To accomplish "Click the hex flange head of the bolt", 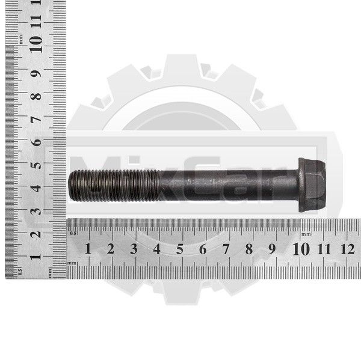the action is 312,185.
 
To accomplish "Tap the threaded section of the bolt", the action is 114,185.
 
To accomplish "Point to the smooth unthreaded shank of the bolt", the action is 229,185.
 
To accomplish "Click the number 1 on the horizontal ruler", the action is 88,249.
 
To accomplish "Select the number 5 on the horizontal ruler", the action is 180,249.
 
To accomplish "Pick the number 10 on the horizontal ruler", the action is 301,249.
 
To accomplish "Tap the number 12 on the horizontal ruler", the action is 347,249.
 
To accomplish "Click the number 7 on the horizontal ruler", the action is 226,249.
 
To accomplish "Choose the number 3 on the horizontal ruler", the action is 134,249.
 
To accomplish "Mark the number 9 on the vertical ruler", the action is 36,73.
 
